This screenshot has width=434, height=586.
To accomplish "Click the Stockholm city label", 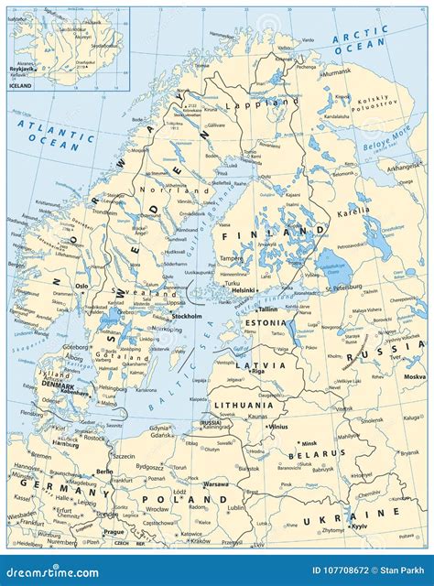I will point(187,316).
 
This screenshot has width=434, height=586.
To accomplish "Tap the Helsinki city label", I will point(243,290).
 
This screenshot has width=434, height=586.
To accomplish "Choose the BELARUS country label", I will point(309,454).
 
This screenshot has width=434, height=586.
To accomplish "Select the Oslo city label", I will point(81,285).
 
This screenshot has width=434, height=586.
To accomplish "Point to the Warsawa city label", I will point(215,483).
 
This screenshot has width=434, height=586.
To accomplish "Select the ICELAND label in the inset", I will point(20,85).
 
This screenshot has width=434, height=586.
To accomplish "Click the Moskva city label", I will point(414,376).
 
